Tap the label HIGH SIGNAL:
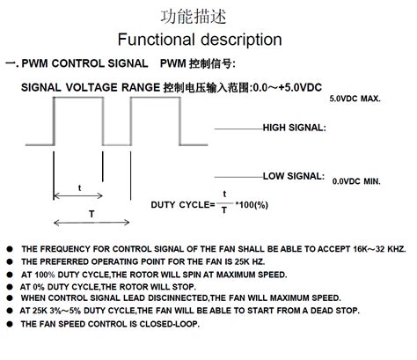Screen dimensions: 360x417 click(294, 128)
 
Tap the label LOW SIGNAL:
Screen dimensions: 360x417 click(294, 176)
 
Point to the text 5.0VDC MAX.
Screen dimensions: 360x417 click(355, 99)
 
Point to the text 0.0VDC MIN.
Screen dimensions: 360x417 click(356, 181)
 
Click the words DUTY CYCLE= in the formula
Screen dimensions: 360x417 click(183, 204)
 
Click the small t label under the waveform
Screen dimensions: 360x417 click(80, 187)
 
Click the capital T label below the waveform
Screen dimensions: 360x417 click(91, 213)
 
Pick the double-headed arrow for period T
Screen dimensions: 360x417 click(91, 222)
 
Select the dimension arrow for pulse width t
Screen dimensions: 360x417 click(79, 195)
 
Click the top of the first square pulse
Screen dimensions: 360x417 click(78, 97)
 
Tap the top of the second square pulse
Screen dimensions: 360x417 click(156, 97)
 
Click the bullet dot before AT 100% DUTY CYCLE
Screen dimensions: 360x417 click(9, 275)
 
